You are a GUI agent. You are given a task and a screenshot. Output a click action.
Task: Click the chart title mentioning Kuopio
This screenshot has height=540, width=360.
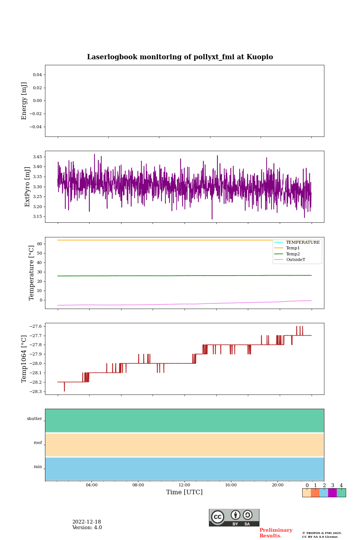(x=180, y=57)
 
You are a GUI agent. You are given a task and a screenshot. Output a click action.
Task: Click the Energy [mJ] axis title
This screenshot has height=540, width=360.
(x=24, y=101)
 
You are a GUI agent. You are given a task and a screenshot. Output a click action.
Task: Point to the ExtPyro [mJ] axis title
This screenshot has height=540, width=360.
(x=27, y=187)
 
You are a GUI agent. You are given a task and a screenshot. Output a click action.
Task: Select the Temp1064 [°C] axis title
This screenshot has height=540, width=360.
(x=24, y=359)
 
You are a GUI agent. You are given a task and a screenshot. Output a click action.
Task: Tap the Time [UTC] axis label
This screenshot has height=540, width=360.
(x=184, y=492)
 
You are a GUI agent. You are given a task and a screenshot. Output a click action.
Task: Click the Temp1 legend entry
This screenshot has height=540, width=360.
(x=293, y=248)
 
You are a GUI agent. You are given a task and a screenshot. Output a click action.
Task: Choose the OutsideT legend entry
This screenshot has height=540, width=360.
(x=295, y=260)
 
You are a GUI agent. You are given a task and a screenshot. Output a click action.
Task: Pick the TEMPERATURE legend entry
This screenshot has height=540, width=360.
(x=303, y=243)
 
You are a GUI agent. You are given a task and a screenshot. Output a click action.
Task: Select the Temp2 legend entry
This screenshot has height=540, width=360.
(x=293, y=254)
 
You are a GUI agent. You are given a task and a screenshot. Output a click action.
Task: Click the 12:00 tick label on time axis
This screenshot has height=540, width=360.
(x=184, y=485)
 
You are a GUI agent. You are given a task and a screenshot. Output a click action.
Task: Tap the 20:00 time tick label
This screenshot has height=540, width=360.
(x=277, y=485)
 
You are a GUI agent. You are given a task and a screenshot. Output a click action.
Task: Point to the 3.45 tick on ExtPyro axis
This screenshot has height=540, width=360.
(x=37, y=157)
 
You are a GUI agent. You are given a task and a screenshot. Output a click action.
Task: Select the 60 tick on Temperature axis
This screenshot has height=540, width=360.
(x=39, y=244)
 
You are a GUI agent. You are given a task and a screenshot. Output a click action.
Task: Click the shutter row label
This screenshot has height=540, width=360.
(x=34, y=419)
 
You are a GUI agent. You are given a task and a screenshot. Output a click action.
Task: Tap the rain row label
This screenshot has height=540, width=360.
(x=38, y=467)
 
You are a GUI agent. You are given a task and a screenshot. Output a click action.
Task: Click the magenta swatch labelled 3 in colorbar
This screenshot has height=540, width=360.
(x=332, y=493)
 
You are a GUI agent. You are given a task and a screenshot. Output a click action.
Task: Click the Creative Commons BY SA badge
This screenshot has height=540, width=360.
(x=234, y=517)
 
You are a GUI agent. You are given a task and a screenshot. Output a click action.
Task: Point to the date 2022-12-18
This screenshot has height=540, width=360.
(x=87, y=522)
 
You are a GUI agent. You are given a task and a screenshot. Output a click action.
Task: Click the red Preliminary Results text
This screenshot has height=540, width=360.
(x=276, y=533)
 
